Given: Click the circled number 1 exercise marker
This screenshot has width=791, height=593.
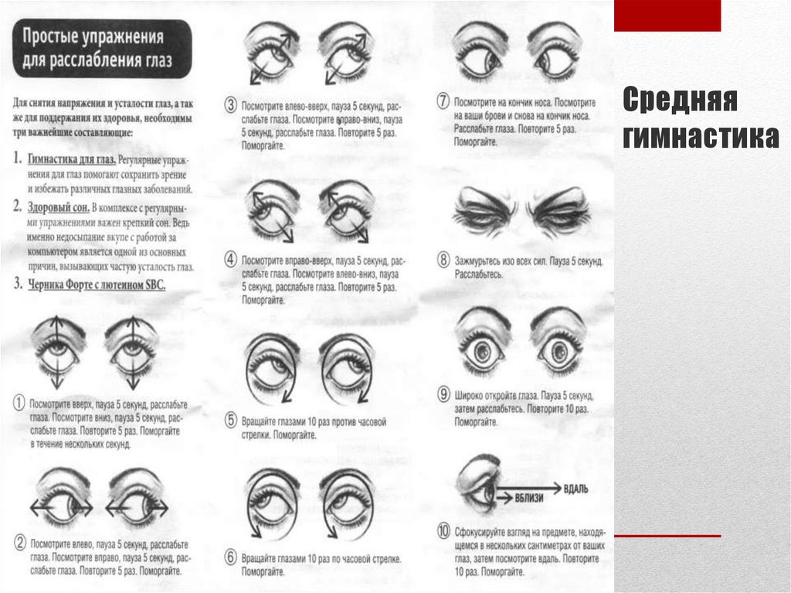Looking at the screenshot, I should pyautogui.click(x=19, y=403).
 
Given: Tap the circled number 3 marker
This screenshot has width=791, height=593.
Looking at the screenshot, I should pyautogui.click(x=230, y=104).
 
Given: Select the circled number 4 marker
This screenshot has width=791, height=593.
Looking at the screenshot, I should pyautogui.click(x=230, y=259).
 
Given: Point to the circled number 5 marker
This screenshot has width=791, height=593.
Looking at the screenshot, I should pyautogui.click(x=230, y=421).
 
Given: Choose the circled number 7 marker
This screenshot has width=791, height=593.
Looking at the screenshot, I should pyautogui.click(x=443, y=101).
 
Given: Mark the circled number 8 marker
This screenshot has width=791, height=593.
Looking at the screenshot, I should pyautogui.click(x=443, y=260).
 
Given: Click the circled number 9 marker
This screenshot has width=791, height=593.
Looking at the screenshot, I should pyautogui.click(x=443, y=393).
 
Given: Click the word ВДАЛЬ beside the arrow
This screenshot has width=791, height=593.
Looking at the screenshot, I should pyautogui.click(x=576, y=489).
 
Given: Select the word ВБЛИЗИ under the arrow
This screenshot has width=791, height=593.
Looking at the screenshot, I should pyautogui.click(x=528, y=499).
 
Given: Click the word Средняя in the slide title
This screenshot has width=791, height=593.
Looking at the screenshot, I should pyautogui.click(x=680, y=101).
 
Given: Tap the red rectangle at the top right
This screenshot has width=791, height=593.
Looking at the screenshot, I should pyautogui.click(x=667, y=15).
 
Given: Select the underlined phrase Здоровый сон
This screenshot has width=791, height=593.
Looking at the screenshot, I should pyautogui.click(x=58, y=208).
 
